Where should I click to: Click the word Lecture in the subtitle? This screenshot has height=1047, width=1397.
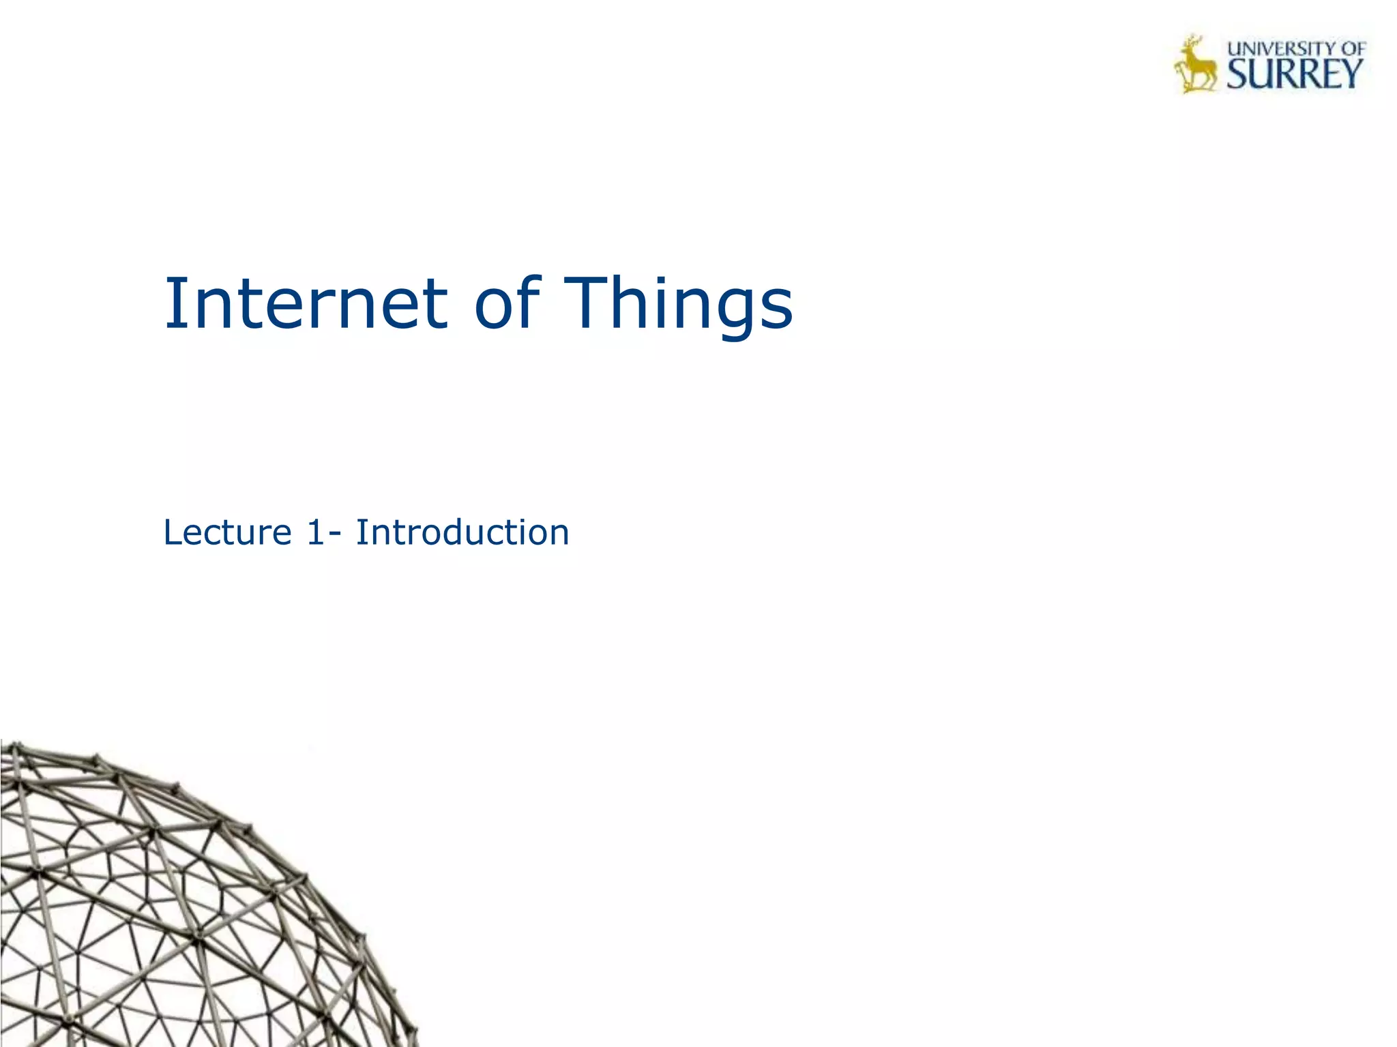tap(228, 532)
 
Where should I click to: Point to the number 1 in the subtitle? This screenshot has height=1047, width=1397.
tap(315, 532)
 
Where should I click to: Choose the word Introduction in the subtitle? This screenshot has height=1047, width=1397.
tap(462, 532)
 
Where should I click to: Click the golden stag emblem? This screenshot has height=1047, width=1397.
tap(1194, 65)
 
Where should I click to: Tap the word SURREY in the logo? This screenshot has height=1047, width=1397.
tap(1294, 74)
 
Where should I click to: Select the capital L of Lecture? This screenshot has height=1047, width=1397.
tap(172, 532)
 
